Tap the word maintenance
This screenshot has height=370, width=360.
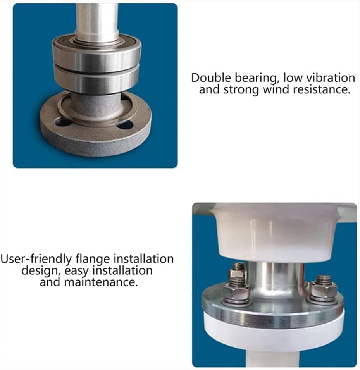pyautogui.click(x=101, y=282)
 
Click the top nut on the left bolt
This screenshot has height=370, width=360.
pyautogui.click(x=237, y=272)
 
